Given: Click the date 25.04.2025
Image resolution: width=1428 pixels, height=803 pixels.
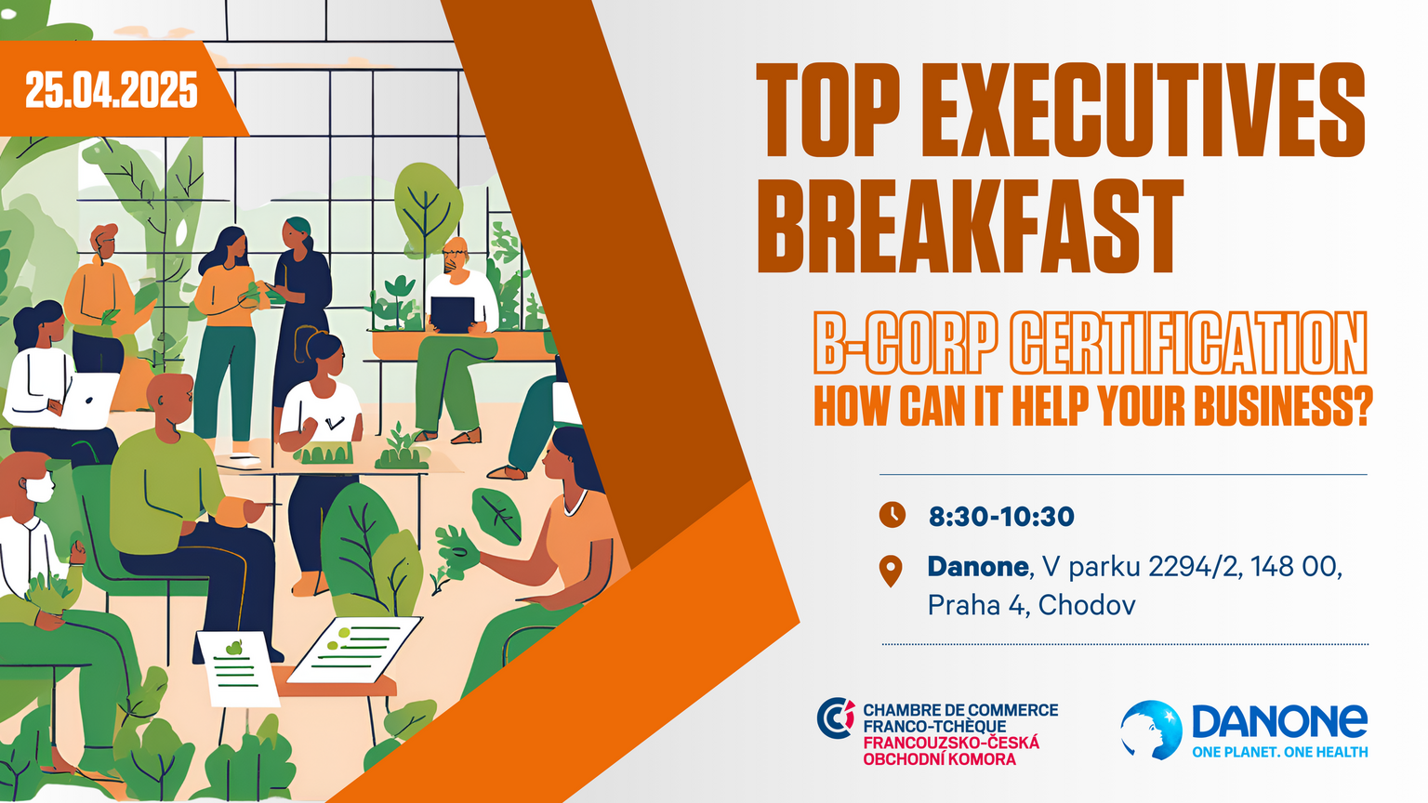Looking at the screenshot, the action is (112, 90).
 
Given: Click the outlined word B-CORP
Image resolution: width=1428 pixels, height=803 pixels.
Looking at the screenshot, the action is (906, 343).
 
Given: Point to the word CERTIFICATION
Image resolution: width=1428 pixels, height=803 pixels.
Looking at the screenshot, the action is (1190, 343).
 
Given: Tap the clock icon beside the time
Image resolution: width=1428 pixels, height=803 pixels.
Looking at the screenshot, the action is (892, 515).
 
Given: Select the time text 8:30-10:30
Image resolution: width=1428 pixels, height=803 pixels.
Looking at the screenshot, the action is (1001, 516).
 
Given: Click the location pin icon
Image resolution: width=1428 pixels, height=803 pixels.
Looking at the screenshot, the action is (891, 571).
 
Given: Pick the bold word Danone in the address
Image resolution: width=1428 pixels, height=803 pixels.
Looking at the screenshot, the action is (978, 566).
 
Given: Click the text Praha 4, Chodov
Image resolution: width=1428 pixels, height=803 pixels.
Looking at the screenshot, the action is (1031, 605).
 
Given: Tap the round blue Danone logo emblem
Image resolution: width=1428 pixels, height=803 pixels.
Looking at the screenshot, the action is (1151, 731).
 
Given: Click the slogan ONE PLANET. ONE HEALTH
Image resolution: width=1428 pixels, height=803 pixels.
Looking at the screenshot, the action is (1280, 752).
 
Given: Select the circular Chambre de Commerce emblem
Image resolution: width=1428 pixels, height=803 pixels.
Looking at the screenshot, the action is (836, 717).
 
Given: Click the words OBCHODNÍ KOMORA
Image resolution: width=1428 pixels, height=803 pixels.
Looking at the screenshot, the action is (940, 759).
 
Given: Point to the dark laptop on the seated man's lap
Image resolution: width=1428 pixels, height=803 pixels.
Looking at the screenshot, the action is (453, 314).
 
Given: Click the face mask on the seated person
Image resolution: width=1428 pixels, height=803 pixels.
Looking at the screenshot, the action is (40, 488).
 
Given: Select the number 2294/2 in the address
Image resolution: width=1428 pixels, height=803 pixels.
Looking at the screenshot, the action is (1196, 567).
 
